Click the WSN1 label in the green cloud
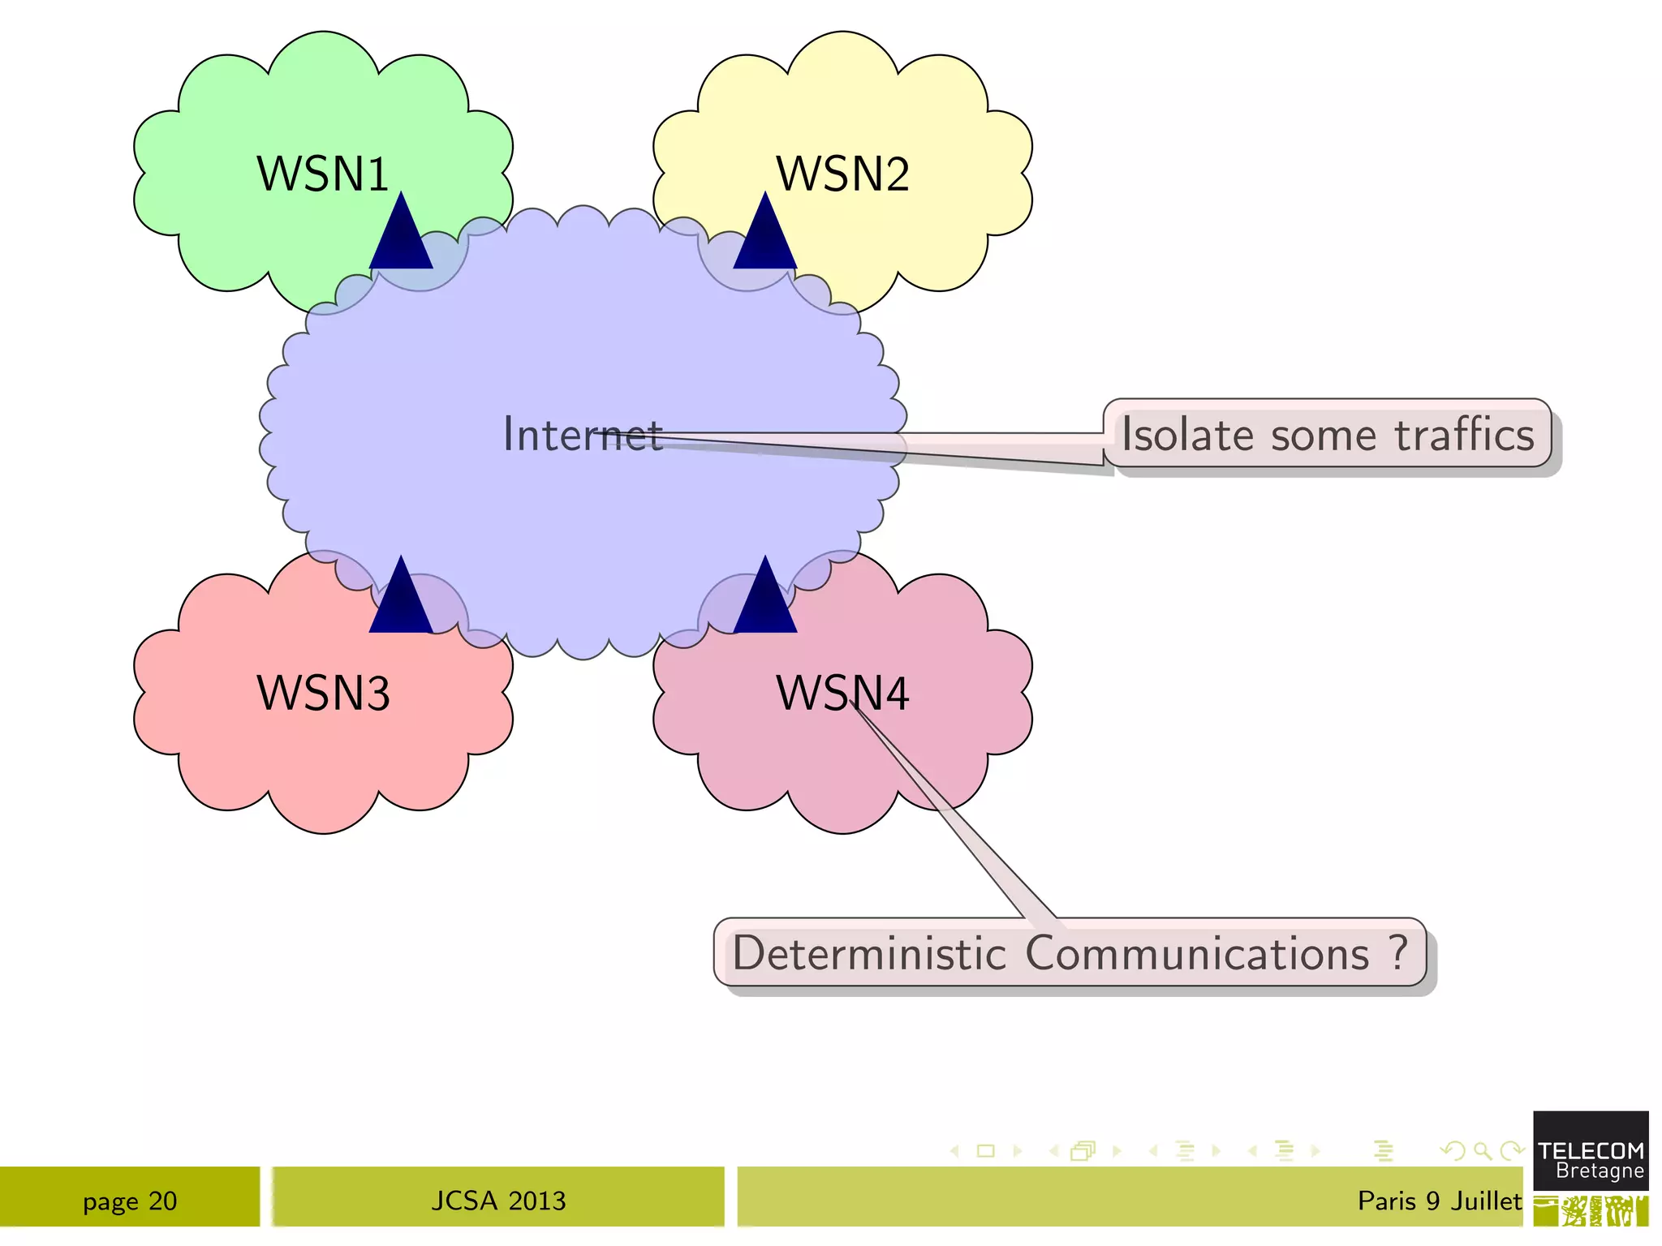(x=323, y=174)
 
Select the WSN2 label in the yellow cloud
(x=842, y=174)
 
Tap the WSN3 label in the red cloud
(x=323, y=693)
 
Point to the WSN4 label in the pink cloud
(x=842, y=693)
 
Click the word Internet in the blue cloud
(x=582, y=434)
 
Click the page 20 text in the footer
(x=130, y=1201)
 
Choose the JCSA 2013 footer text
(x=498, y=1201)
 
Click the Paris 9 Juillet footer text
(x=1439, y=1201)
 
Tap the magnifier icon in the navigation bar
(x=1483, y=1150)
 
